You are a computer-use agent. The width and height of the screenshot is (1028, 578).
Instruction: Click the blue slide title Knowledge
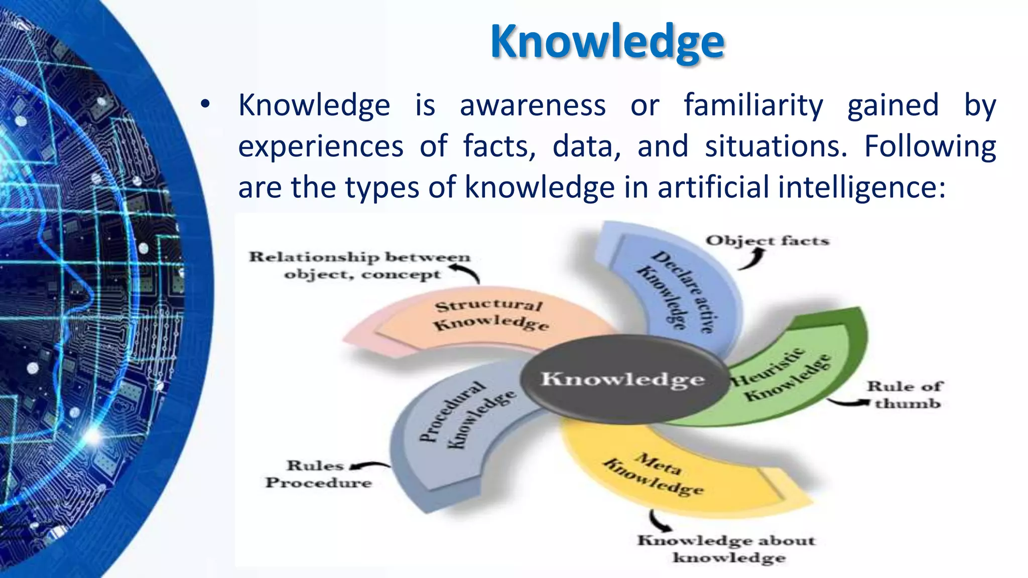tap(607, 42)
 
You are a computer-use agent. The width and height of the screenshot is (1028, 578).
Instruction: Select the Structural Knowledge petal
tap(489, 316)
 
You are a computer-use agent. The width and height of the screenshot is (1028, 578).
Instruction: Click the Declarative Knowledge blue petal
tap(678, 291)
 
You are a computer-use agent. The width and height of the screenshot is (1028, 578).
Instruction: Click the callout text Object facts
tap(767, 241)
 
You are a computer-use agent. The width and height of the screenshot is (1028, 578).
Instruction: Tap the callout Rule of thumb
tap(906, 395)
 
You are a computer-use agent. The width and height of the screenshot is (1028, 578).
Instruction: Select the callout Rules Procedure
tap(318, 474)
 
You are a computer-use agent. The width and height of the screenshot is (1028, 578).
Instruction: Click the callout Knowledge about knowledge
tap(727, 549)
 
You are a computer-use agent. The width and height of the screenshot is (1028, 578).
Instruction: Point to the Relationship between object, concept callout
tap(359, 265)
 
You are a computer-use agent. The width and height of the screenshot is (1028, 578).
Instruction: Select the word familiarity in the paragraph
tap(753, 105)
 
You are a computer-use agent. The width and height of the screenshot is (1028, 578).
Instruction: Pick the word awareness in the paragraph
tap(533, 105)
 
